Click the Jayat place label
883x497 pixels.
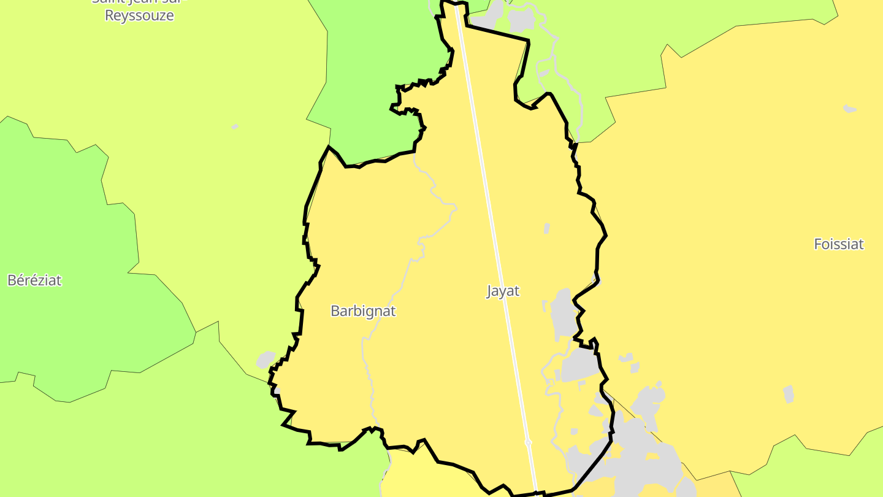pos(503,291)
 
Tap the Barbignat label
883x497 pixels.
pos(363,311)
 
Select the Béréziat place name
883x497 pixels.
pos(34,280)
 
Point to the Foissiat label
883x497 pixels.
pos(838,244)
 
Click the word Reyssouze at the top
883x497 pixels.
pos(139,16)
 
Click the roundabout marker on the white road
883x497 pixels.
pos(528,442)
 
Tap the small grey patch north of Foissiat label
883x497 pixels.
pos(849,109)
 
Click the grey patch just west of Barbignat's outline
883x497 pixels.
pos(266,360)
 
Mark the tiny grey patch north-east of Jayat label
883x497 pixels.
pos(546,228)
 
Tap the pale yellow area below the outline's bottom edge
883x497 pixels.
pos(429,482)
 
